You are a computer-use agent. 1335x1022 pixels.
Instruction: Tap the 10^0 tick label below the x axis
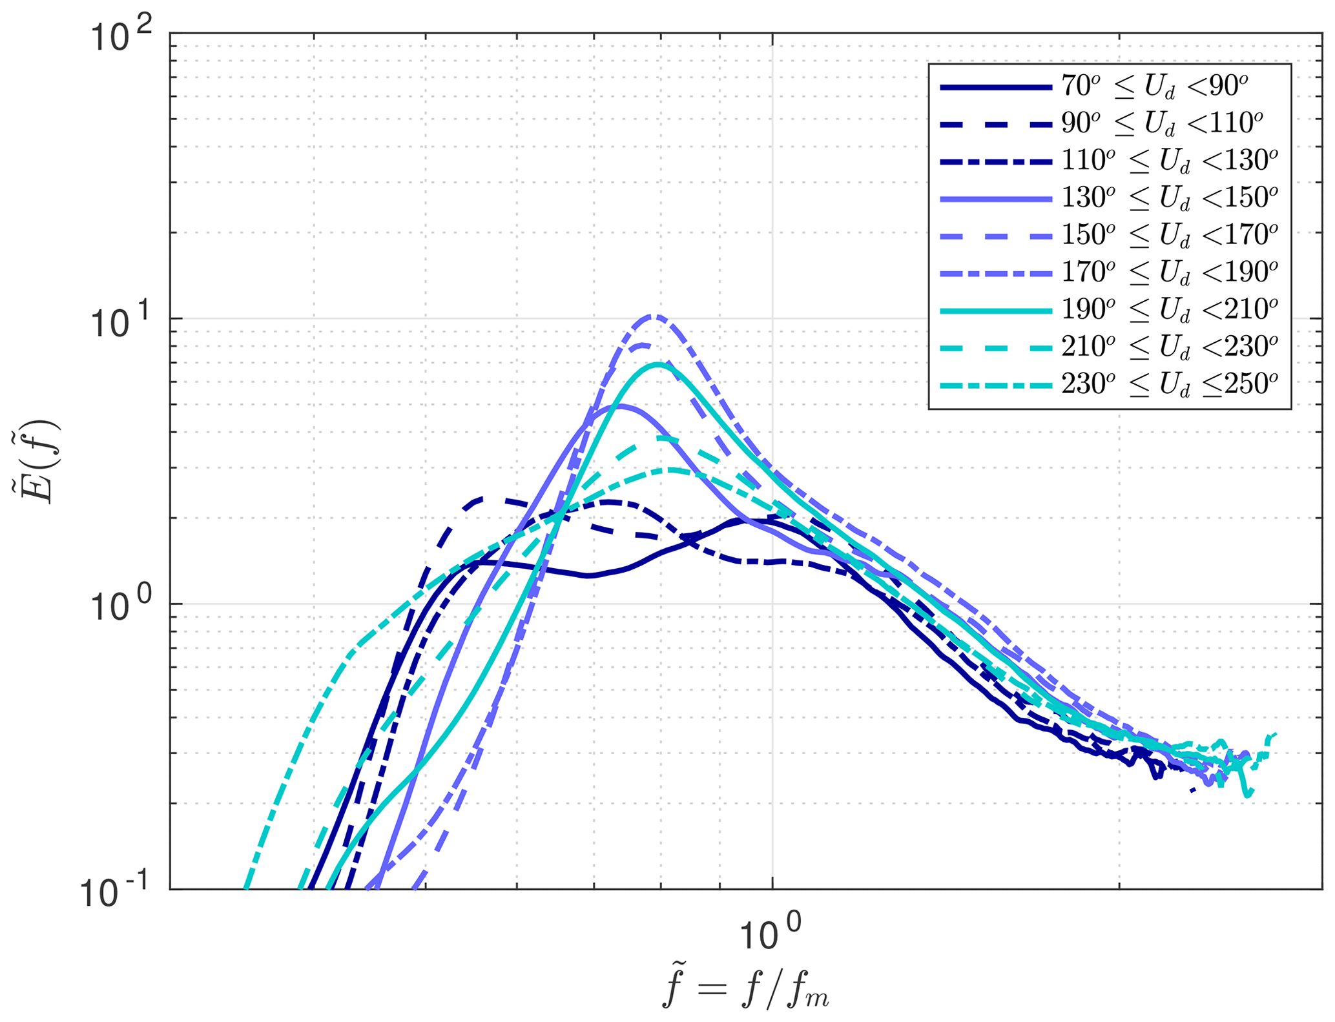point(769,934)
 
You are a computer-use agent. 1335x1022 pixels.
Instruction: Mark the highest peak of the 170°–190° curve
point(654,316)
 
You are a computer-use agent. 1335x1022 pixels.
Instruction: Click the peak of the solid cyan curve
point(658,364)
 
